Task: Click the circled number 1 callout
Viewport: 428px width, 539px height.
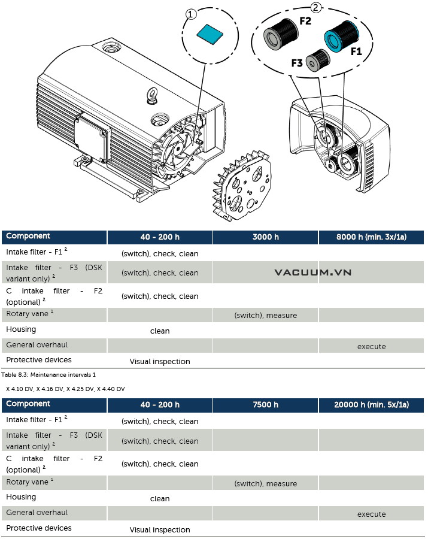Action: pos(192,15)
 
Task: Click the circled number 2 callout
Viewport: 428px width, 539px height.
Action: pos(317,8)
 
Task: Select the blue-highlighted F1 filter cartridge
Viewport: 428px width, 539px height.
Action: pos(341,35)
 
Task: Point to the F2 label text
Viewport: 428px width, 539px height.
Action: pos(305,21)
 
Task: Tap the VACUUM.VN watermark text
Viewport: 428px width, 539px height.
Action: pos(312,272)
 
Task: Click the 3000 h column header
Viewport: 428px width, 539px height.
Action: pos(265,237)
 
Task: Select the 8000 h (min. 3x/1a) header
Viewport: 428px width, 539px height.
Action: pos(371,237)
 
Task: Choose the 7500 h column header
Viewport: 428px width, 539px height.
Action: pos(265,405)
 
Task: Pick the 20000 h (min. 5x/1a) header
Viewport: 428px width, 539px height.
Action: pos(371,405)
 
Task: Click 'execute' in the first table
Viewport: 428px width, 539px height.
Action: pos(371,346)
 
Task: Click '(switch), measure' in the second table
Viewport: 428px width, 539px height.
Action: pos(265,483)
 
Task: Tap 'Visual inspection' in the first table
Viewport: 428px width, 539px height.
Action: pos(160,362)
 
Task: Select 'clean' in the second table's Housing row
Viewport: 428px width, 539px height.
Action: pos(160,498)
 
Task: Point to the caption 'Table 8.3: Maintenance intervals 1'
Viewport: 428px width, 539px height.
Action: pos(48,374)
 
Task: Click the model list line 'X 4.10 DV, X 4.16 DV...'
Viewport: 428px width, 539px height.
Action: pos(65,389)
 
